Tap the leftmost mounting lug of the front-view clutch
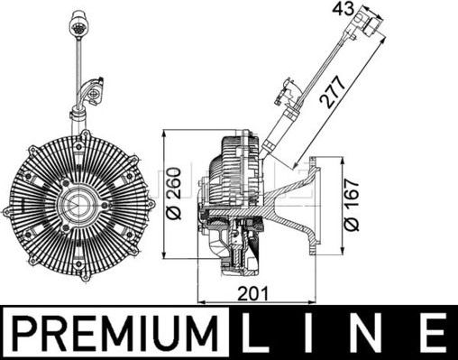click(x=11, y=212)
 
